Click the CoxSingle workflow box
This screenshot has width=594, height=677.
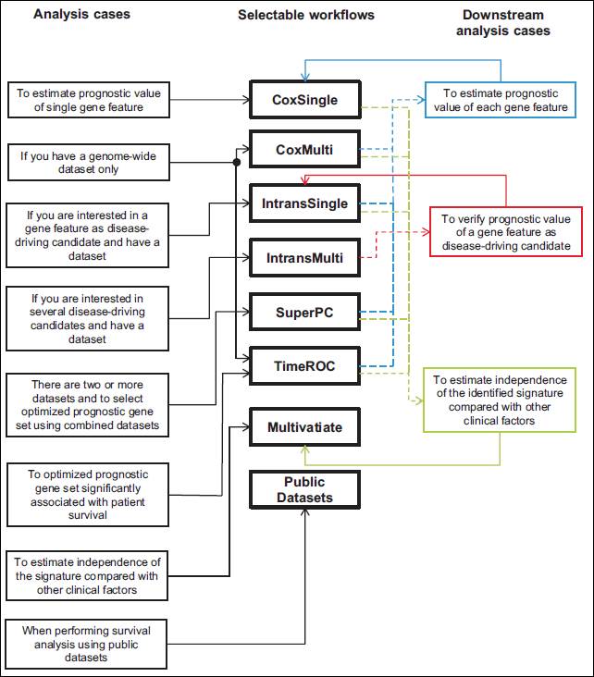[x=305, y=100]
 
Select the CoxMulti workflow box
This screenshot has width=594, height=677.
[x=305, y=150]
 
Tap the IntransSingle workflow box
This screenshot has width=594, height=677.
[x=305, y=203]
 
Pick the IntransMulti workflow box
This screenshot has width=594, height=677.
[x=305, y=258]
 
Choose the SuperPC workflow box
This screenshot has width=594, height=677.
[x=305, y=313]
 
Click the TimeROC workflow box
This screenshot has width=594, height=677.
[x=305, y=366]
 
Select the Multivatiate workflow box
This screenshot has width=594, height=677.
[x=305, y=427]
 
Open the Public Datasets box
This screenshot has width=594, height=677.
[x=305, y=489]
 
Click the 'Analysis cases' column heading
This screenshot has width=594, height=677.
[x=81, y=14]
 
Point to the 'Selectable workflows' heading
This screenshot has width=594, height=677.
[x=306, y=15]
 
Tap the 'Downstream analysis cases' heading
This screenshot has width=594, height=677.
[x=503, y=22]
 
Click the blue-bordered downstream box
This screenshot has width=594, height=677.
[x=501, y=100]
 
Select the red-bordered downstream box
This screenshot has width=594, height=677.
[x=506, y=232]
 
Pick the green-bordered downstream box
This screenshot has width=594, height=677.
[x=500, y=400]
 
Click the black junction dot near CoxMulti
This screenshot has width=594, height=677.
[x=236, y=163]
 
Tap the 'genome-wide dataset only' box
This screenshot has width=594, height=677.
[x=89, y=163]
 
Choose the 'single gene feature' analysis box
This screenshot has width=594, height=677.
[x=89, y=100]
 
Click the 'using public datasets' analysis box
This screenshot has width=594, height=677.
[x=86, y=644]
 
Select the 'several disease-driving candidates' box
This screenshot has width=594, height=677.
[x=87, y=319]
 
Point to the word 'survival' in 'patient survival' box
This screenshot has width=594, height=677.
[x=88, y=515]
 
